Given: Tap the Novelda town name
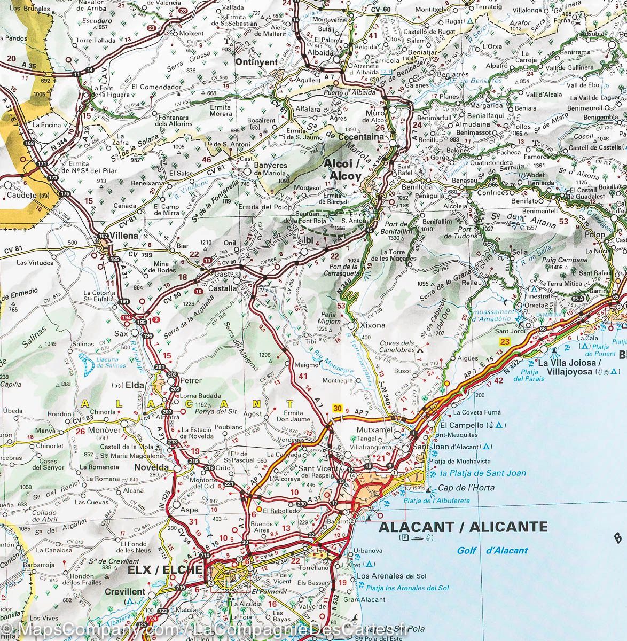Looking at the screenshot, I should pyautogui.click(x=151, y=467).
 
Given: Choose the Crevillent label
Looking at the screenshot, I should pyautogui.click(x=124, y=592).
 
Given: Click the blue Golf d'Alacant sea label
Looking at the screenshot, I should pyautogui.click(x=492, y=550).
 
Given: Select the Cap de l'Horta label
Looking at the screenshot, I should pyautogui.click(x=466, y=488).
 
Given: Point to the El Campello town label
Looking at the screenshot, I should pyautogui.click(x=458, y=426).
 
